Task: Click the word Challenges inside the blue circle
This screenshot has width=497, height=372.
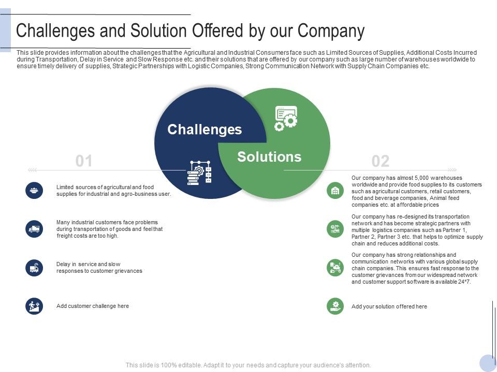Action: pyautogui.click(x=204, y=129)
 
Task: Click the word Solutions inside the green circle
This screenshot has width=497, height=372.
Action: pyautogui.click(x=269, y=157)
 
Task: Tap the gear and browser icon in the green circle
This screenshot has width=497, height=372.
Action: pyautogui.click(x=286, y=118)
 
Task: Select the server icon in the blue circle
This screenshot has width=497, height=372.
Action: pyautogui.click(x=199, y=173)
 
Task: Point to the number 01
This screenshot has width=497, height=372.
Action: pyautogui.click(x=84, y=161)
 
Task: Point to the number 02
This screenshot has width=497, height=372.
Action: pyautogui.click(x=381, y=161)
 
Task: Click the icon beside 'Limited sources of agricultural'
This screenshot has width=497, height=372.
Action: pyautogui.click(x=34, y=190)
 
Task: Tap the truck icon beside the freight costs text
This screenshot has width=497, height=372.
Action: pyautogui.click(x=34, y=229)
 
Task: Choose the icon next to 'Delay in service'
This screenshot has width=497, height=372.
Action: pyautogui.click(x=34, y=268)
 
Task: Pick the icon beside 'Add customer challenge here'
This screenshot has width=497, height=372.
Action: pyautogui.click(x=34, y=306)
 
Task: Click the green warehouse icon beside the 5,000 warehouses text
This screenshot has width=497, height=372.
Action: pyautogui.click(x=335, y=191)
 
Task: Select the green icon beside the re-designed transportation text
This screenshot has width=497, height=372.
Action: pyautogui.click(x=335, y=229)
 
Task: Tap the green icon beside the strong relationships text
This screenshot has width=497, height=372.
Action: pyautogui.click(x=335, y=268)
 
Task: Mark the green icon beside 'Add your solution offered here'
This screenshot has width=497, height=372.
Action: pyautogui.click(x=335, y=306)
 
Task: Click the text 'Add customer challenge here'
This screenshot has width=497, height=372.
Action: pyautogui.click(x=93, y=306)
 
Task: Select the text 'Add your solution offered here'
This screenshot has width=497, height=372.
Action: pyautogui.click(x=389, y=306)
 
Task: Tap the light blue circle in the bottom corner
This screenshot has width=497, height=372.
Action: pyautogui.click(x=488, y=363)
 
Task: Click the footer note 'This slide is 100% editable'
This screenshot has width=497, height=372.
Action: pyautogui.click(x=248, y=365)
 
